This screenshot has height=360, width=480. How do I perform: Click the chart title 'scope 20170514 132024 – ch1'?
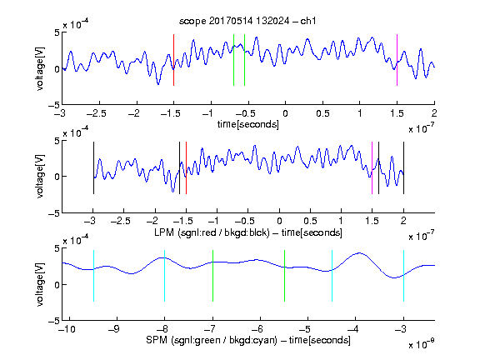pos(247,21)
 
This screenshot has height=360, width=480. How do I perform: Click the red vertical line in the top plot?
pos(174,60)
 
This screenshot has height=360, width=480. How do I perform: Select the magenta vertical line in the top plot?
pos(397,60)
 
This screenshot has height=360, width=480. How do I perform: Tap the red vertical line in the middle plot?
pos(186,167)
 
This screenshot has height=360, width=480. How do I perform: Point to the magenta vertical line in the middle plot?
pos(372,167)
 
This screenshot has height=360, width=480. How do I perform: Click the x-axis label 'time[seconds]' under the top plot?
pos(248,124)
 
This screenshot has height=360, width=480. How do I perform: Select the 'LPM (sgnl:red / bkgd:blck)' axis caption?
pos(212,232)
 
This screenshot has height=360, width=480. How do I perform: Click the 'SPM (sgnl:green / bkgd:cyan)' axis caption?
pos(212,340)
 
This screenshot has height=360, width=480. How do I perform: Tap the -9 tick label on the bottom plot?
pos(114,329)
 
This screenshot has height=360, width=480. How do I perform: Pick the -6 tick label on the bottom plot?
pos(257,329)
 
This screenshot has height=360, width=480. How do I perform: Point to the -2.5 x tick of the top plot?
pos(96,113)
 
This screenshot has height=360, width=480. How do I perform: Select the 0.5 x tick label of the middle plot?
pos(310,221)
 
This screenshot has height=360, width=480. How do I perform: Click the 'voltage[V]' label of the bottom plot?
pos(40,284)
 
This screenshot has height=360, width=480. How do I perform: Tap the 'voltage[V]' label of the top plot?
pos(40,68)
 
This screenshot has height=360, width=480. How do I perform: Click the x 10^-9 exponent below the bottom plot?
pos(421,344)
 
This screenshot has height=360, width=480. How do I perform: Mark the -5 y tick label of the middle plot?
pos(54,213)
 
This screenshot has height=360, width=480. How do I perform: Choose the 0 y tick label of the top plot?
pos(57,69)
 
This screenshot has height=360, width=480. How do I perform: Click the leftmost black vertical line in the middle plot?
pos(93,167)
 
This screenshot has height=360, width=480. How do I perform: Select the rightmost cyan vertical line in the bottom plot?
pos(403,276)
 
